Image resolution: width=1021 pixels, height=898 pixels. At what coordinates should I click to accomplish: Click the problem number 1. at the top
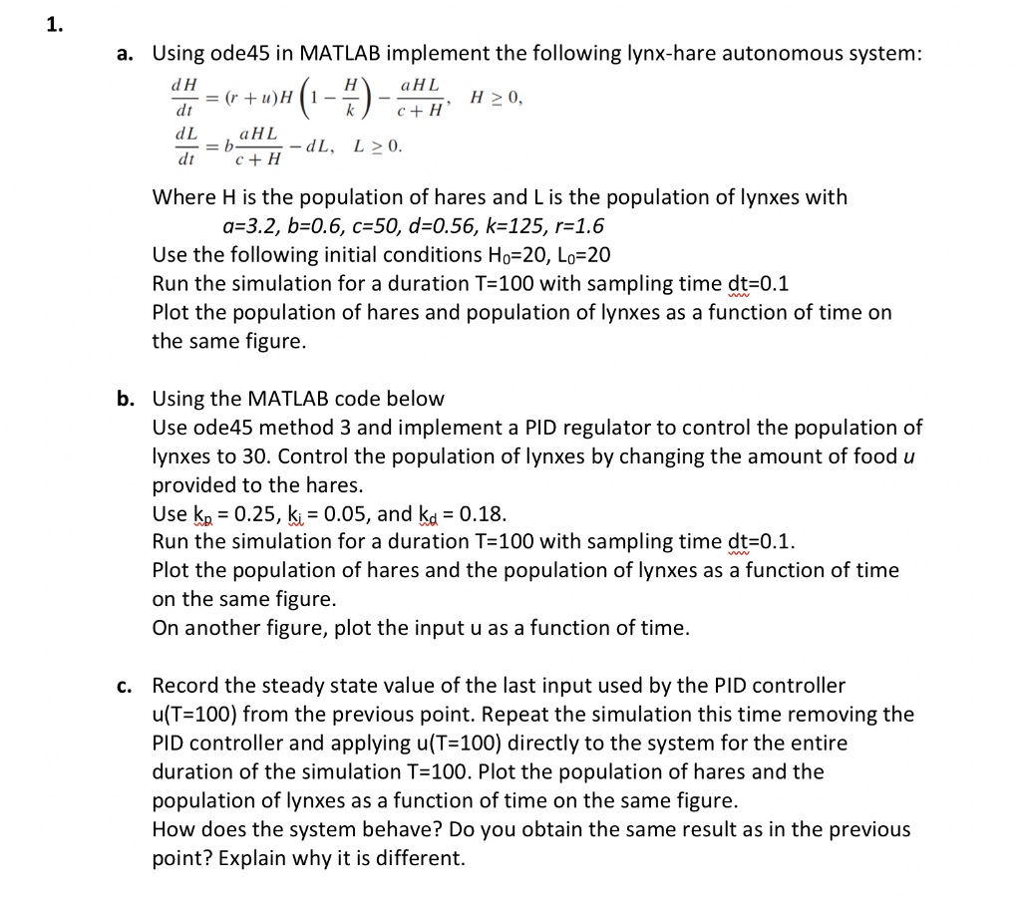(54, 26)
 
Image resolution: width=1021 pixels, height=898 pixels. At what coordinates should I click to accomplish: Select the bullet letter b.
(126, 399)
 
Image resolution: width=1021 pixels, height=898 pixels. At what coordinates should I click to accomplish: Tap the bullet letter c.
(126, 686)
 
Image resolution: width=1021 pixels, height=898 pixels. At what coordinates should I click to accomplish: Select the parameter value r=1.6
(578, 226)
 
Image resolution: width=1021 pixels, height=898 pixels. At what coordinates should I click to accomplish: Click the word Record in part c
(185, 686)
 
